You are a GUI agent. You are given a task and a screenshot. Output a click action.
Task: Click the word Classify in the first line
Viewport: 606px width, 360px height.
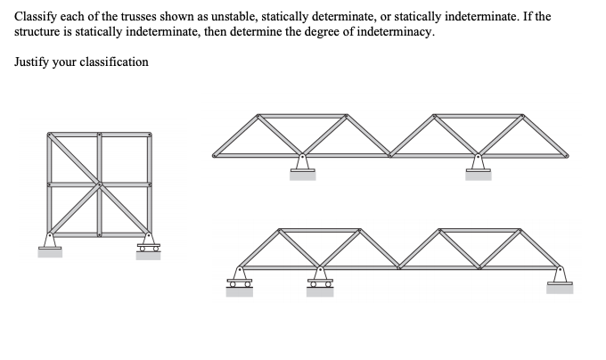tap(33, 17)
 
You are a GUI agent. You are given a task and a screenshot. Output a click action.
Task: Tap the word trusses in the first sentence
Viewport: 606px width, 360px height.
tap(128, 17)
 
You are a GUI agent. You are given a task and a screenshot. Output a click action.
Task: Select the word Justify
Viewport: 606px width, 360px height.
tap(33, 62)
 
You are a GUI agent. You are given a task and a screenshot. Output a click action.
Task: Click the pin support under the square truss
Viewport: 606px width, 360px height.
tap(50, 242)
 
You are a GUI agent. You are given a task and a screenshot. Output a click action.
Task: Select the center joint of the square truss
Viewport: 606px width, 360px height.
tap(99, 184)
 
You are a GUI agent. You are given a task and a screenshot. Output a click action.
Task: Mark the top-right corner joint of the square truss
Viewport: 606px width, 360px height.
tap(148, 135)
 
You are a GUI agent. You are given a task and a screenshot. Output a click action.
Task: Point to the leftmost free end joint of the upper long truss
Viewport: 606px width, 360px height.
tap(214, 156)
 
